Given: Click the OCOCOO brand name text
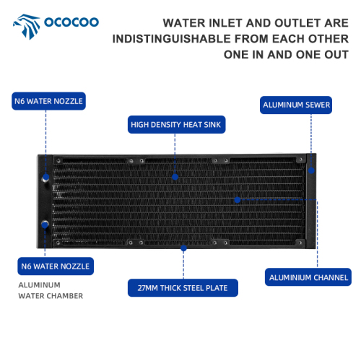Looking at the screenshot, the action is click(x=71, y=22).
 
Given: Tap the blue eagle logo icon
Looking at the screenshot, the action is click(x=27, y=27).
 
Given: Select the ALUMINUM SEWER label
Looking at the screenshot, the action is click(x=296, y=105).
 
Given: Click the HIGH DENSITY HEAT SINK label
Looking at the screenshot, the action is click(x=176, y=124).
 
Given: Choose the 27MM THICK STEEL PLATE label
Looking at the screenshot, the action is click(x=183, y=288).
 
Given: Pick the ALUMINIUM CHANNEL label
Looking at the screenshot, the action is click(x=308, y=277).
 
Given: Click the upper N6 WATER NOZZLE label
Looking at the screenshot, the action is click(x=48, y=101).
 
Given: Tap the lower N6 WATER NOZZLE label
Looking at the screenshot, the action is click(x=56, y=266).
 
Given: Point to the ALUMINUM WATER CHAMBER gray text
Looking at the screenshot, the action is click(x=51, y=290).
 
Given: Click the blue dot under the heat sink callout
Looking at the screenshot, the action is click(x=175, y=177).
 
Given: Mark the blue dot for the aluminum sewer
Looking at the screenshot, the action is click(x=311, y=170).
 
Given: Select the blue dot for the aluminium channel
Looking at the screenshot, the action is click(x=238, y=200).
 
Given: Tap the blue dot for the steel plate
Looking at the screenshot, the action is click(x=183, y=248).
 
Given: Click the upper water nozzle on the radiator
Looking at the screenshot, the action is click(x=45, y=178).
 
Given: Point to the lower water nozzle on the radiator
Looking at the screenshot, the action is click(x=45, y=225).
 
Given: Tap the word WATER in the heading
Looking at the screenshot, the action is click(x=184, y=23).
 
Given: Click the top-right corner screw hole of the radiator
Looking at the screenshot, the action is click(x=300, y=160).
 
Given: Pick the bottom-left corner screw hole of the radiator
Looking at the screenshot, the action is click(x=58, y=243).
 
